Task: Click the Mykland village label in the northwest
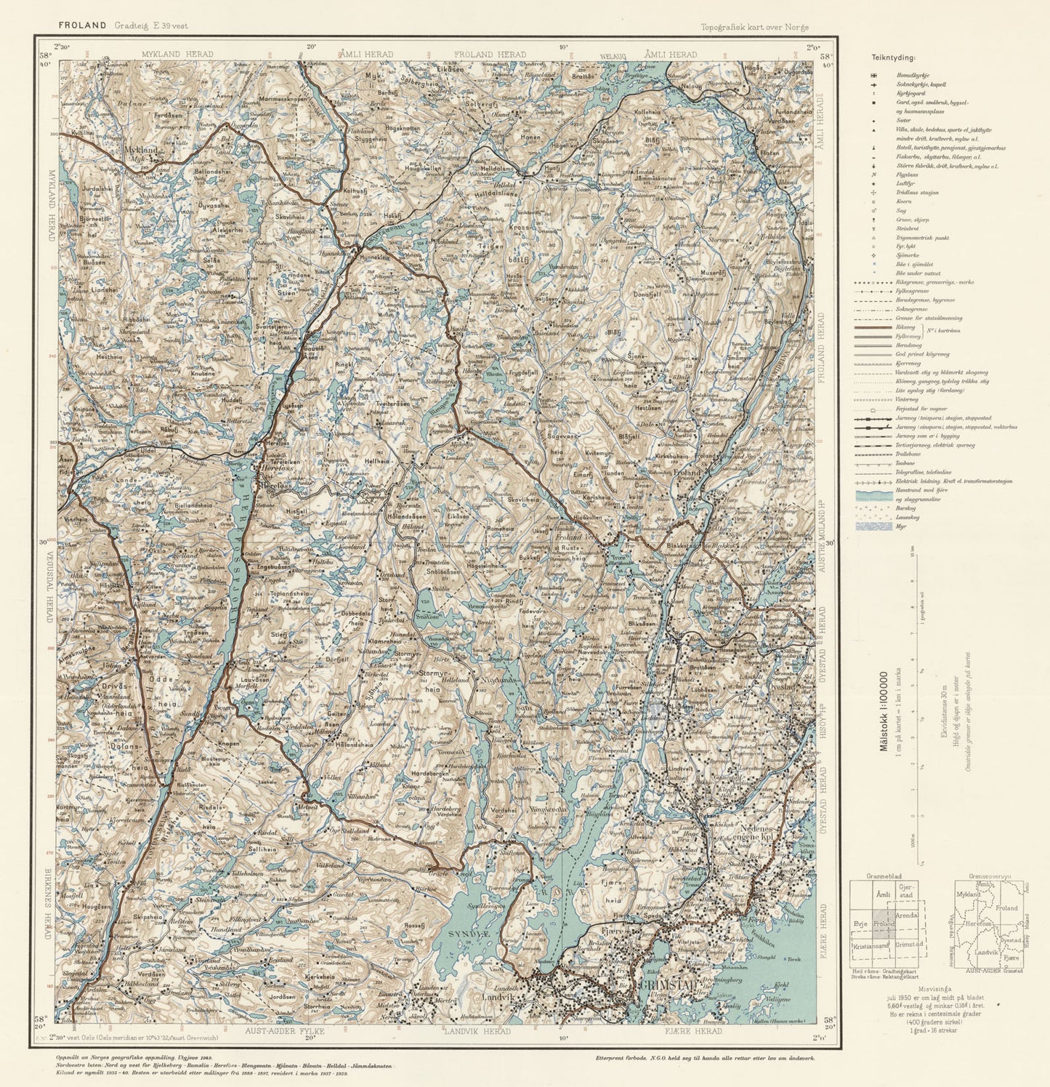pos(141,151)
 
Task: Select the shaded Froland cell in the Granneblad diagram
pos(884,923)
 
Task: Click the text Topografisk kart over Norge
pos(754,28)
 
